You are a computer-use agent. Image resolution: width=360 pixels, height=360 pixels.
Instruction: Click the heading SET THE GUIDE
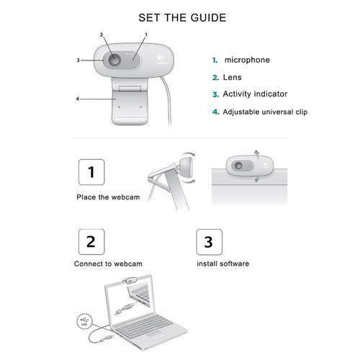click(180, 17)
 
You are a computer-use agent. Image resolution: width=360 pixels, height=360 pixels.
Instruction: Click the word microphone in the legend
click(247, 60)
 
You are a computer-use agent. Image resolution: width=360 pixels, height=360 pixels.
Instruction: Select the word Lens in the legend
click(232, 77)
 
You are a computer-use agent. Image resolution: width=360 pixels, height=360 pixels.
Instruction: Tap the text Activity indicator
click(255, 94)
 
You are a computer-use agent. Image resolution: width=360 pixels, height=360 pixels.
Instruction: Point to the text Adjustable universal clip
click(265, 112)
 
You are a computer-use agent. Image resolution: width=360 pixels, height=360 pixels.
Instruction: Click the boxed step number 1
click(91, 173)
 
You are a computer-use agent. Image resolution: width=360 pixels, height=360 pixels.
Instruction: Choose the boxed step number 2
click(91, 241)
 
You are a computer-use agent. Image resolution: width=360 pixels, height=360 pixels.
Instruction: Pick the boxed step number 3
click(208, 241)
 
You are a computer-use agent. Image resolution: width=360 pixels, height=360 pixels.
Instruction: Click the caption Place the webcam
click(104, 197)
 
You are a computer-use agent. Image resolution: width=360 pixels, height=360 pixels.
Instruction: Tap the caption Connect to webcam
click(108, 264)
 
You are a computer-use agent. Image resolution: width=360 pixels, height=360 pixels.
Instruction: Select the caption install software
click(223, 264)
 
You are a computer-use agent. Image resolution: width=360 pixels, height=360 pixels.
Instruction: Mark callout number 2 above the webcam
click(102, 35)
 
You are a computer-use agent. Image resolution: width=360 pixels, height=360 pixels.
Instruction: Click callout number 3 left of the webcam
click(78, 60)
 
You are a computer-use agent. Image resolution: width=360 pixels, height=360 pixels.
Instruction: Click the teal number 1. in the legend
click(215, 60)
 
